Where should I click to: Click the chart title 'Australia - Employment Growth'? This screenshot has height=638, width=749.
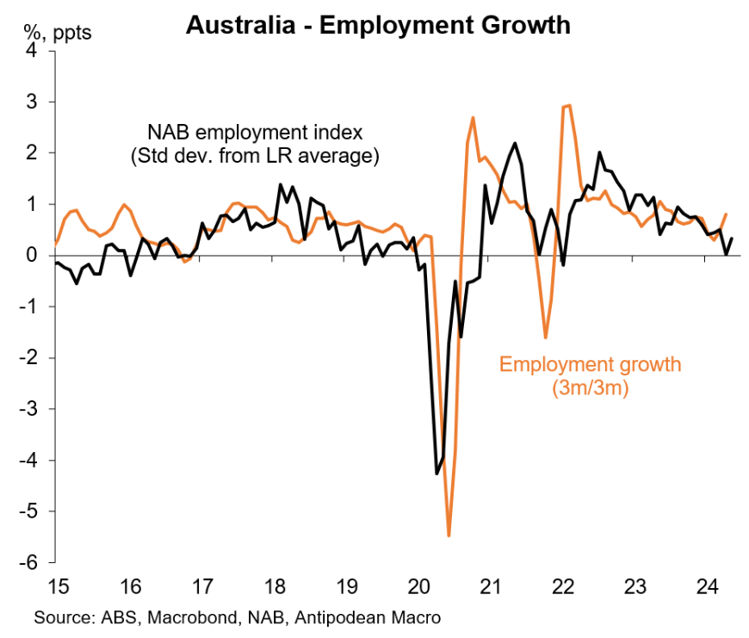click(x=378, y=25)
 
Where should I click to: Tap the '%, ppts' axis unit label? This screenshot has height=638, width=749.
click(x=56, y=34)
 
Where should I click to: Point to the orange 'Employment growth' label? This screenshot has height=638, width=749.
click(x=590, y=364)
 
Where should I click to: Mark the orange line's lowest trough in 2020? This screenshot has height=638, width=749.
click(x=449, y=536)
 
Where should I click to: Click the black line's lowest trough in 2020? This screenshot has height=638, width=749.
click(x=436, y=474)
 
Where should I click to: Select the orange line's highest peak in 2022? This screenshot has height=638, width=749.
click(x=567, y=105)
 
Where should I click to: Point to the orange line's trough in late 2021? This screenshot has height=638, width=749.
click(x=545, y=338)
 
